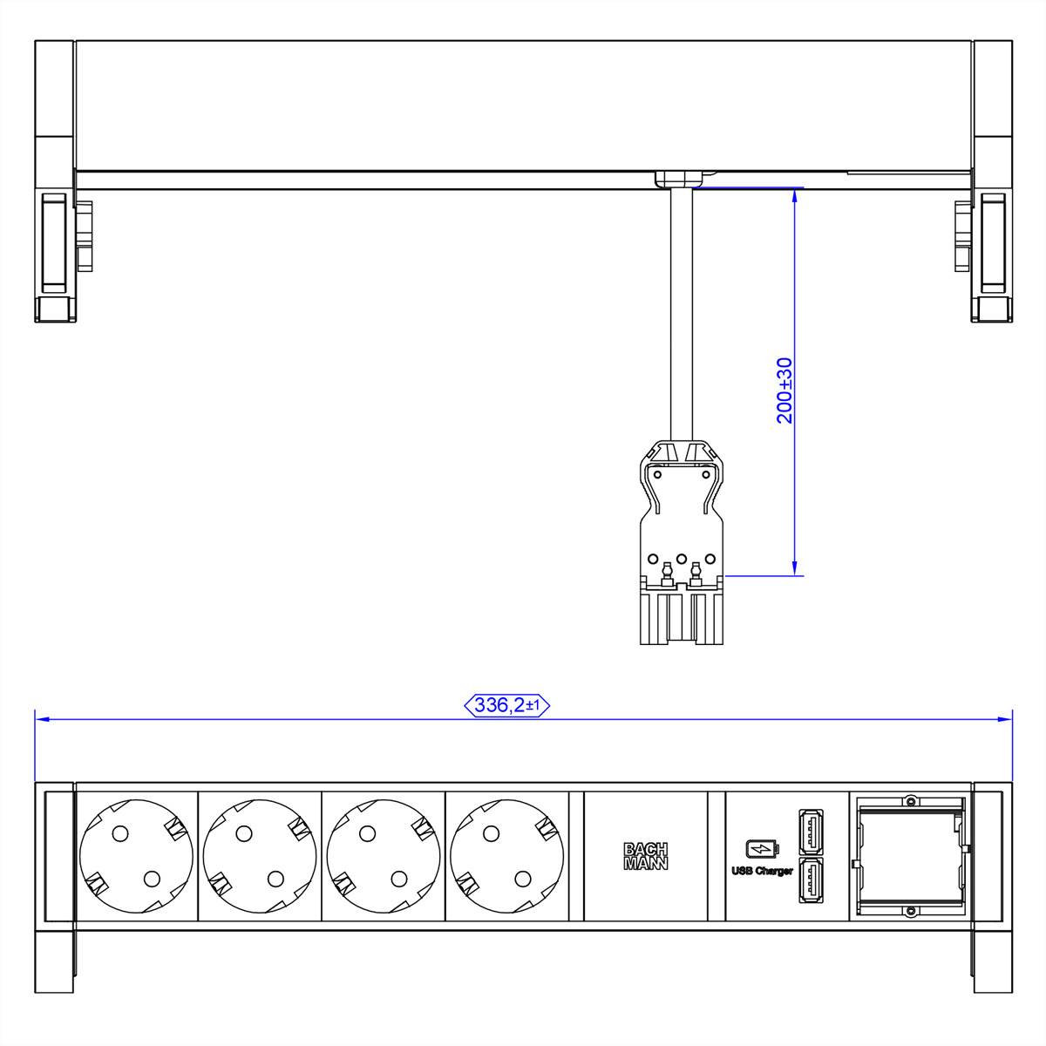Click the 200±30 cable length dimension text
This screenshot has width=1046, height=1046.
[x=784, y=390]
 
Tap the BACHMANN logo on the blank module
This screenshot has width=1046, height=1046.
[x=646, y=857]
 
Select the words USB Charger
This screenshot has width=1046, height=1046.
[x=762, y=871]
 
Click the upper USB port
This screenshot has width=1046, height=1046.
[x=810, y=832]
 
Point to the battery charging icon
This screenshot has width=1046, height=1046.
[x=760, y=848]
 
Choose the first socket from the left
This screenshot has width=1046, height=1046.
[x=137, y=856]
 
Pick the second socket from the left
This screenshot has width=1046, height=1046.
[x=260, y=856]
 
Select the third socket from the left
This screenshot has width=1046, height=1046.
[x=384, y=856]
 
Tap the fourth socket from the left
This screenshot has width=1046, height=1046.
[x=507, y=856]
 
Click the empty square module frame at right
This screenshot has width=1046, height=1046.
[x=910, y=856]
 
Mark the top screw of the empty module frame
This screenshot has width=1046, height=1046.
[x=910, y=800]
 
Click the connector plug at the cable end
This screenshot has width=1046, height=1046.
[x=683, y=545]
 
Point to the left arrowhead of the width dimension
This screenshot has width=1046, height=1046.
[x=40, y=719]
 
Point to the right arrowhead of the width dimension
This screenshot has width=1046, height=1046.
[x=1007, y=719]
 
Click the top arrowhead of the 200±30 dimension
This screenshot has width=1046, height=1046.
[x=795, y=193]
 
